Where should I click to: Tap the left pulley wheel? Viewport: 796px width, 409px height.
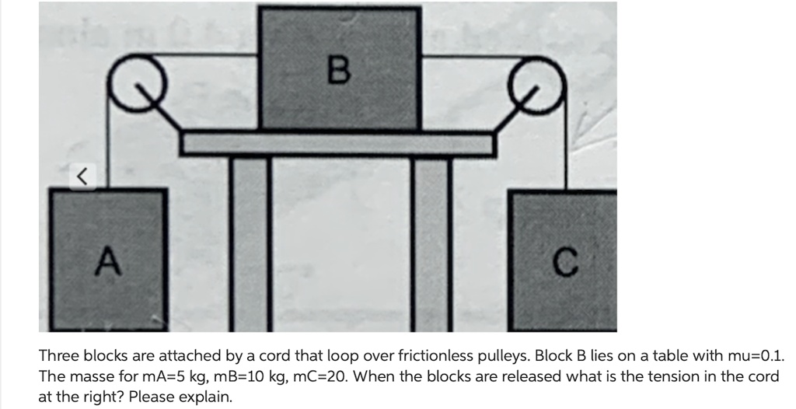pyautogui.click(x=130, y=79)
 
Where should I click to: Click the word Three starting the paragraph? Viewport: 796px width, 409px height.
pyautogui.click(x=59, y=356)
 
